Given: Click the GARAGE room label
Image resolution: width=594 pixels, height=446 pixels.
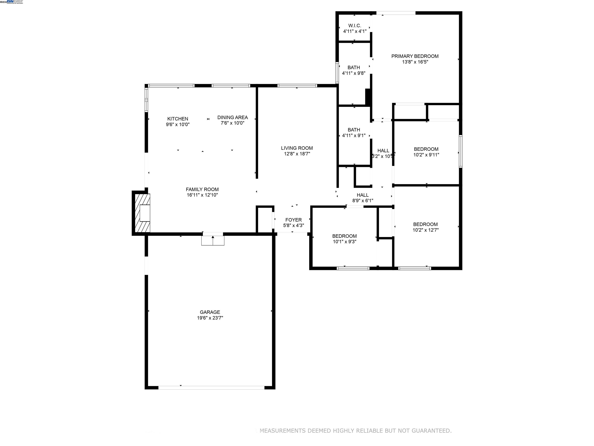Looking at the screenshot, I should coord(210,312).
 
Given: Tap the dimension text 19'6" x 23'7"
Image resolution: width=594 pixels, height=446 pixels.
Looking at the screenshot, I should coord(210,318).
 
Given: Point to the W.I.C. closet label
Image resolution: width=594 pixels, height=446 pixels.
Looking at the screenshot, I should coord(354,26).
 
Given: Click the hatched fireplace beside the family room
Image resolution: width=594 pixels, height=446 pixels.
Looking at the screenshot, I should coord(142,213).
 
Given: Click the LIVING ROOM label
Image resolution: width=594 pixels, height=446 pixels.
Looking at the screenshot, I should coord(297,148).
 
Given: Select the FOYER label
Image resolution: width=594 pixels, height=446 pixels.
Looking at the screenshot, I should coord(293,220).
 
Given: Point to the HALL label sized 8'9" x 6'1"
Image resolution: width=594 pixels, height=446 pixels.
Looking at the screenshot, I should coord(363,195).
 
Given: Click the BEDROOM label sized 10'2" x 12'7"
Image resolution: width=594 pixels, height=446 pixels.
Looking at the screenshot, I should coord(425,224).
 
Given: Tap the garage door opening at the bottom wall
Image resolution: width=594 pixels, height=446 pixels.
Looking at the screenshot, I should coord(211,388).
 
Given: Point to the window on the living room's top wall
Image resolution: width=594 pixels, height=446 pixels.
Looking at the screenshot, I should coord(297,86).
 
